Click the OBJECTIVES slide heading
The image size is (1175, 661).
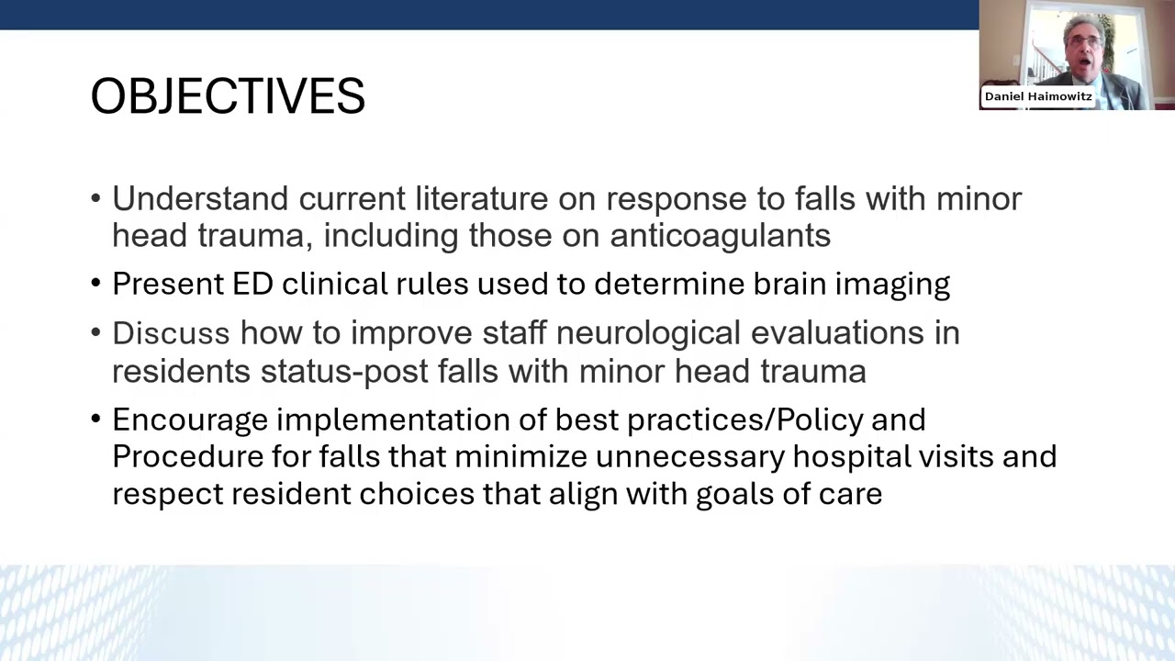pyautogui.click(x=228, y=96)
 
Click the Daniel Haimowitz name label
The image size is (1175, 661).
pyautogui.click(x=1038, y=96)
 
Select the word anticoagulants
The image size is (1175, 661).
pyautogui.click(x=720, y=236)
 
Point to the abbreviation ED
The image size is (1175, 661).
pyautogui.click(x=252, y=284)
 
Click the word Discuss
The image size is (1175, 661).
pyautogui.click(x=171, y=333)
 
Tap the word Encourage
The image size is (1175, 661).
pyautogui.click(x=189, y=420)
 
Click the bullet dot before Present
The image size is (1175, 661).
pyautogui.click(x=96, y=285)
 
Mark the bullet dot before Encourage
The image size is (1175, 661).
pyautogui.click(x=96, y=420)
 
